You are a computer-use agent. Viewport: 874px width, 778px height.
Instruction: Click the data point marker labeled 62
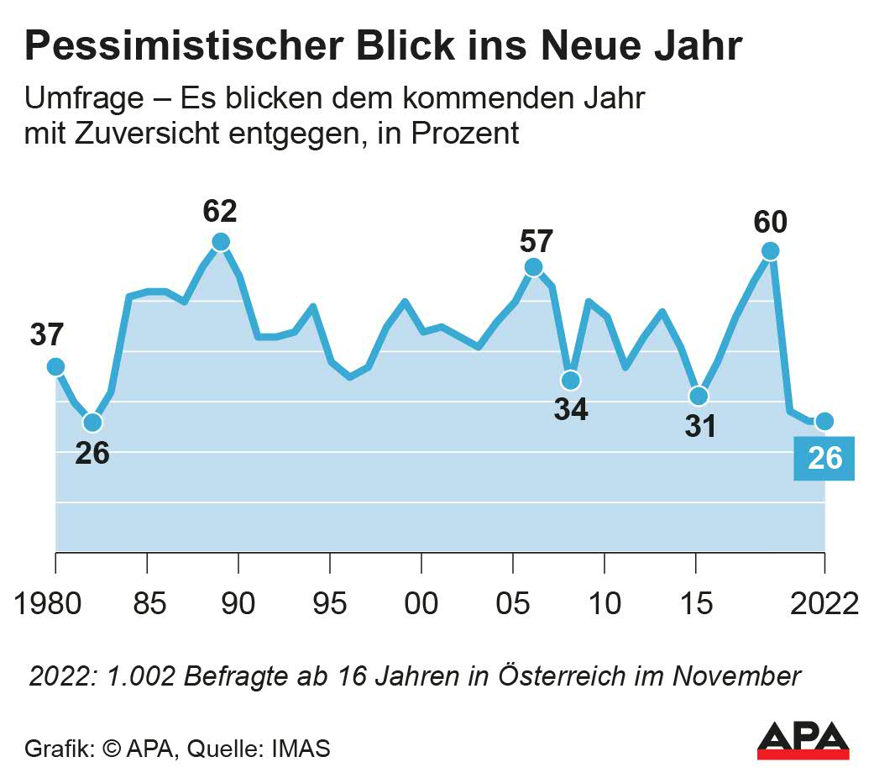pyautogui.click(x=220, y=242)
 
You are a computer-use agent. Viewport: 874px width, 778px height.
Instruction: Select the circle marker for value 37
pyautogui.click(x=55, y=366)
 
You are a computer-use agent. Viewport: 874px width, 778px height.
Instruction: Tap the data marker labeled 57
pyautogui.click(x=533, y=267)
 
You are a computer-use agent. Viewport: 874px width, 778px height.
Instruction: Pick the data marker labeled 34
pyautogui.click(x=571, y=380)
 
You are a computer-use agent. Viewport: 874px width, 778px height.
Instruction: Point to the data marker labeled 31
pyautogui.click(x=699, y=396)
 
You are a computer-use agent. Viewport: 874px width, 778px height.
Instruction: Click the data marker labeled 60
pyautogui.click(x=770, y=251)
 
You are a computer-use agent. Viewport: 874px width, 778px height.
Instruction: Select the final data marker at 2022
pyautogui.click(x=824, y=421)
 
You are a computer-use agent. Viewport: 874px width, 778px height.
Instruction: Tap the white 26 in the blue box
pyautogui.click(x=824, y=459)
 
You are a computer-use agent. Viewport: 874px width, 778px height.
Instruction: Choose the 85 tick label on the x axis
pyautogui.click(x=147, y=603)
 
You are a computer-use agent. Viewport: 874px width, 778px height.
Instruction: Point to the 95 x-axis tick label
pyautogui.click(x=330, y=603)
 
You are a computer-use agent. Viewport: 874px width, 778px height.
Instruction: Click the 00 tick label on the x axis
pyautogui.click(x=421, y=603)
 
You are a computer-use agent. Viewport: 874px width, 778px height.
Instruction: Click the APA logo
pyautogui.click(x=803, y=740)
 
